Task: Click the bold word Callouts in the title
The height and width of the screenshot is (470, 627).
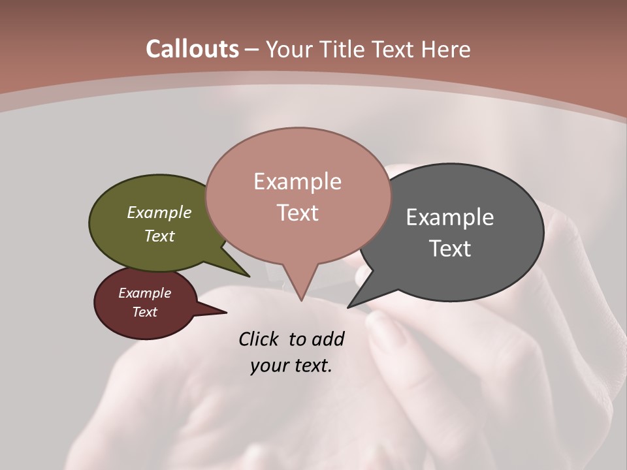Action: tap(192, 49)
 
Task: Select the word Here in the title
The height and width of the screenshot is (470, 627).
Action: tap(445, 49)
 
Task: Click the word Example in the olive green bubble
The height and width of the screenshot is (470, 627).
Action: tap(159, 213)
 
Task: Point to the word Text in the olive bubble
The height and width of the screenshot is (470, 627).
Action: tap(159, 236)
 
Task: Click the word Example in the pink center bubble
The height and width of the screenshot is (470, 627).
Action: tap(297, 181)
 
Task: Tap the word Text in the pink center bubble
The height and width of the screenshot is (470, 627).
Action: tap(297, 213)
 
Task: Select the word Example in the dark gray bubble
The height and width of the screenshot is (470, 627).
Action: tap(450, 217)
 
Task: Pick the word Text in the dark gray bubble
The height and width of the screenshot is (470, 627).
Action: tap(450, 249)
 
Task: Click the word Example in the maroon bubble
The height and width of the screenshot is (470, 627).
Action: tap(144, 293)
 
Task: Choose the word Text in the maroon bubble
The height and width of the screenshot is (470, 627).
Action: tap(144, 312)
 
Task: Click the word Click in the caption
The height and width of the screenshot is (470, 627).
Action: tap(259, 339)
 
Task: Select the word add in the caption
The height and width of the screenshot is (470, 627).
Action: tap(328, 339)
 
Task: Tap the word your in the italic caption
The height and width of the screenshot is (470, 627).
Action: tap(269, 365)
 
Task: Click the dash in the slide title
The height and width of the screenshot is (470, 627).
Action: tap(252, 50)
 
